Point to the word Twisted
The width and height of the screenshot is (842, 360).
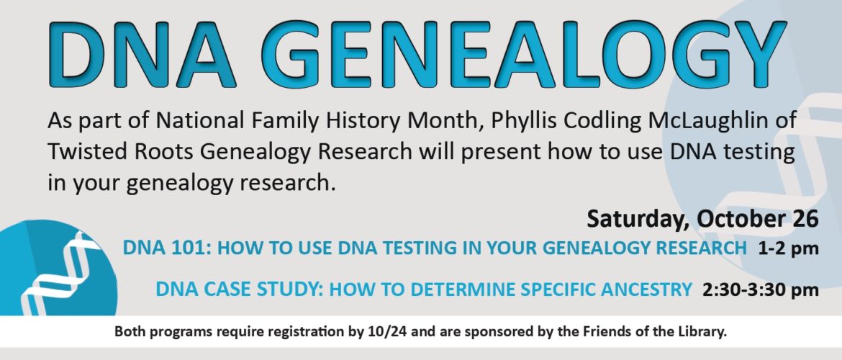[86, 152]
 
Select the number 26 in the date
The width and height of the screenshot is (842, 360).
[805, 218]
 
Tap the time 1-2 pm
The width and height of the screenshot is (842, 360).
[788, 249]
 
